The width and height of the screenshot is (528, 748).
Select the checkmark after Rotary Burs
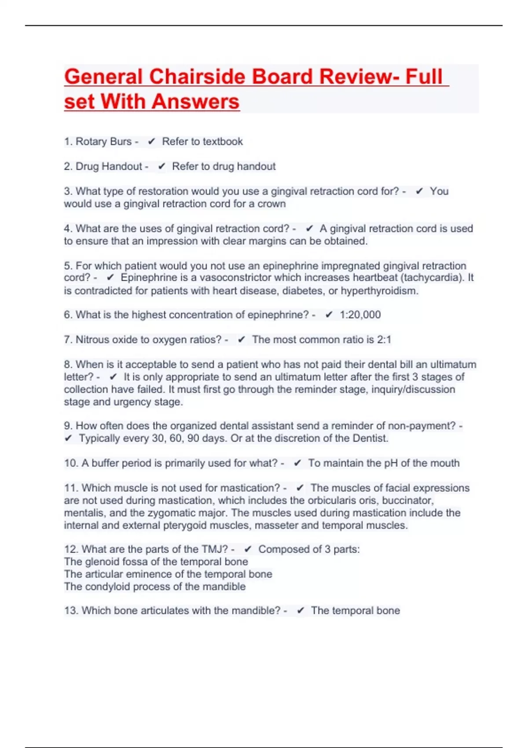coord(151,142)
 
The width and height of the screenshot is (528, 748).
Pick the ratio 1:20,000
coord(360,315)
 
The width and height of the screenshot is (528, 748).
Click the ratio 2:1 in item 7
coord(384,340)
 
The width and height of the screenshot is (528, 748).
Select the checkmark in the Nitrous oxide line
coord(241,340)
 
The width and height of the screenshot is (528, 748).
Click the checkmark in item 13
coord(301,611)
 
